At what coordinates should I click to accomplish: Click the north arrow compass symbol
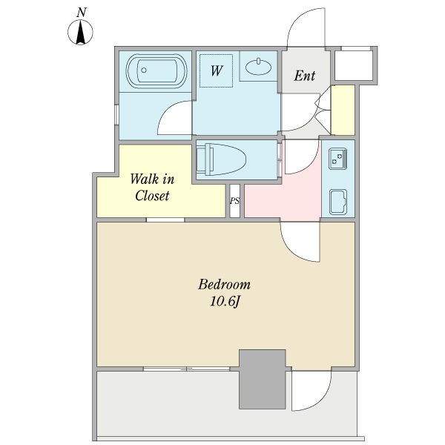coord(80,32)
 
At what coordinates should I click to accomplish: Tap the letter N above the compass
coord(81,13)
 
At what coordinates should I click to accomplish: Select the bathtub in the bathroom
coord(156,71)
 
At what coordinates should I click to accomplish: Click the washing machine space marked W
coord(217,70)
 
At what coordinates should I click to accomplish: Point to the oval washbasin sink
coord(258,67)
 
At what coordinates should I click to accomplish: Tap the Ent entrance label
coord(305,76)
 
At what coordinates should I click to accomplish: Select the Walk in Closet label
coord(152,188)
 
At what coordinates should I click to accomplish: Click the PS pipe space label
coord(234,201)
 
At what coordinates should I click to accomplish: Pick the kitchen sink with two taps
coord(337,159)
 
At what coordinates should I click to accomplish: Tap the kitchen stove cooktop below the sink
coord(338,202)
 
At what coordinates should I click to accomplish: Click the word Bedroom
coord(224,285)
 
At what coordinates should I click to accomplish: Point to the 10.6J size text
coord(225,302)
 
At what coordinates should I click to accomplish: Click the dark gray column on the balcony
coord(263,379)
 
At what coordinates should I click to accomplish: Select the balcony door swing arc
coord(324,400)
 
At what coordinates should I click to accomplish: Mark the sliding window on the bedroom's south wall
coord(186,369)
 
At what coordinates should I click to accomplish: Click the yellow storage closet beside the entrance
coord(343,110)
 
